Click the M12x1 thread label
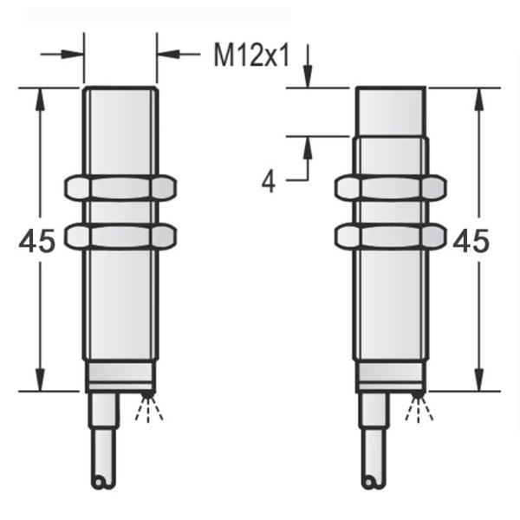[251, 55]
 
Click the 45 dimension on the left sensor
[36, 241]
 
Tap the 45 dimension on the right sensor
[471, 241]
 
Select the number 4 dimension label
[269, 182]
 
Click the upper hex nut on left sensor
[120, 188]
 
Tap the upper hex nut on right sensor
[390, 188]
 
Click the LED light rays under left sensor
[149, 407]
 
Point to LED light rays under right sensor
[419, 407]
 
